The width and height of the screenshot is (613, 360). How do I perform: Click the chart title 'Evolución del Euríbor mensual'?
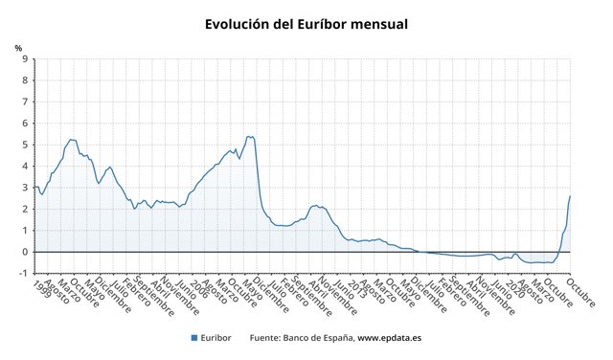point(306,23)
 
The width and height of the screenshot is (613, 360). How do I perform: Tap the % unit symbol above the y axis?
point(18,47)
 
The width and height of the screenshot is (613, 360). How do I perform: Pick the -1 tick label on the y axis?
point(22,273)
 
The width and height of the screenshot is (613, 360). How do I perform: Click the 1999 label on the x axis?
point(37,289)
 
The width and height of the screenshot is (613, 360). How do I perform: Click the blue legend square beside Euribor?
point(193,338)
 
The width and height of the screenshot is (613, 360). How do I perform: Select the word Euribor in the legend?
point(217,338)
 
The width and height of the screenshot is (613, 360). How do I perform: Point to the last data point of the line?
point(570,196)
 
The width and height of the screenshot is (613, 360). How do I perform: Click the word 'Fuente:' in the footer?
point(265,338)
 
